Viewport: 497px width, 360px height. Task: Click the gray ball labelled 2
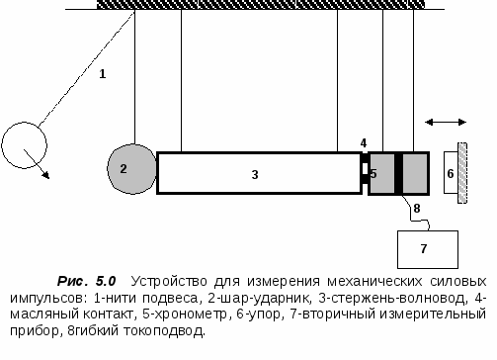131,168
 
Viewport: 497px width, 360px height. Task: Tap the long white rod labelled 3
257,173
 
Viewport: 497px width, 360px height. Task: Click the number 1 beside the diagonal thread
102,74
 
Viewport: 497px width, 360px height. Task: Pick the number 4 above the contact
364,142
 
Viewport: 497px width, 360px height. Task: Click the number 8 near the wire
417,209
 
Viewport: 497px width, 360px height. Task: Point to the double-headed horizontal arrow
446,123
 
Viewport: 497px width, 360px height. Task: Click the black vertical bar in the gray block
398,173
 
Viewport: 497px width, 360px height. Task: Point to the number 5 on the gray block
374,174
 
